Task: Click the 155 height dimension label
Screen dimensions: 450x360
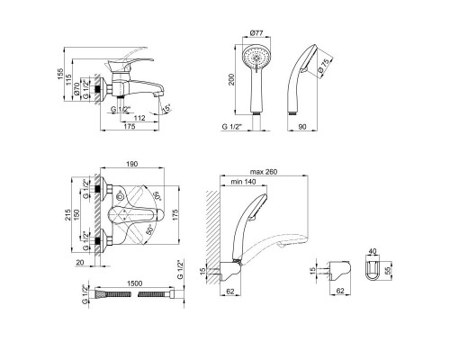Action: pyautogui.click(x=60, y=74)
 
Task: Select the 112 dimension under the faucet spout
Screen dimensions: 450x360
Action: pyautogui.click(x=139, y=118)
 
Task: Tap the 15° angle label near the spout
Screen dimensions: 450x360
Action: pyautogui.click(x=166, y=109)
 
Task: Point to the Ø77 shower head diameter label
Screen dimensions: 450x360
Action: pyautogui.click(x=256, y=33)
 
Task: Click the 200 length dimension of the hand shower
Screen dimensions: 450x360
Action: pyautogui.click(x=231, y=79)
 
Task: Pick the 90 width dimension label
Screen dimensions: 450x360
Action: pyautogui.click(x=302, y=127)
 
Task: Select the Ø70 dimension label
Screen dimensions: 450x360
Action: pyautogui.click(x=76, y=89)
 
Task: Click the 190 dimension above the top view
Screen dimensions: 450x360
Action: pyautogui.click(x=132, y=164)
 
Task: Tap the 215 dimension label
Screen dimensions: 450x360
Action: pyautogui.click(x=68, y=215)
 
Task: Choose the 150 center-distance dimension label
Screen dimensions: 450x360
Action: pyautogui.click(x=77, y=215)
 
